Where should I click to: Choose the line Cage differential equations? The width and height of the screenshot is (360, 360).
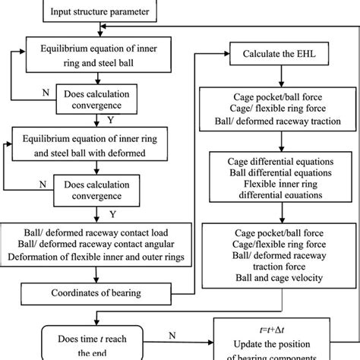(x=276, y=162)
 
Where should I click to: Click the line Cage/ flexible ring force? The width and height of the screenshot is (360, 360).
(x=276, y=108)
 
